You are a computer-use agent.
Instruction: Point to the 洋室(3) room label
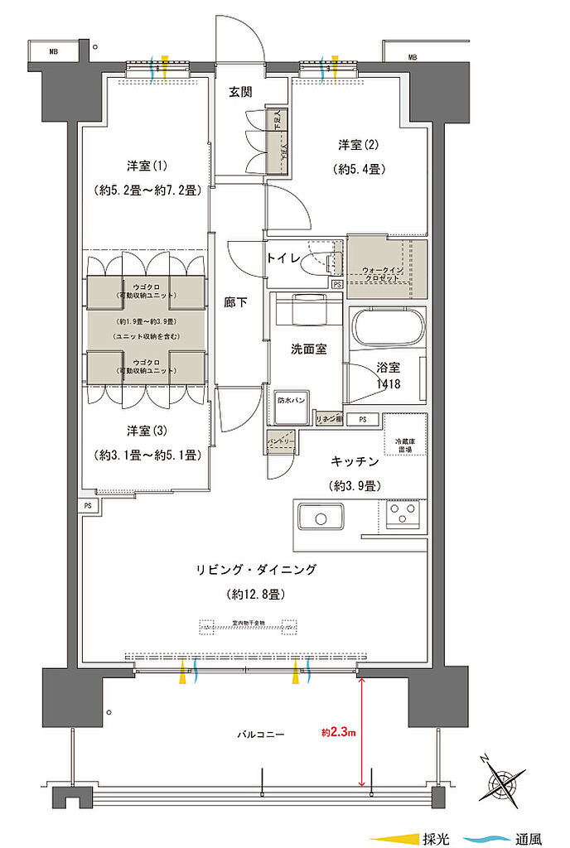point(144,431)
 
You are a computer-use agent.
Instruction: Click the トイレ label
point(284,258)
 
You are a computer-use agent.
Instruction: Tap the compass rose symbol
point(503,780)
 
